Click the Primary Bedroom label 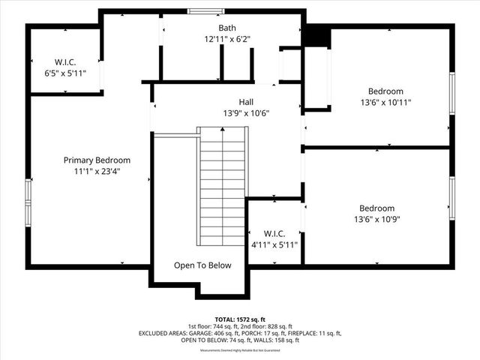97,160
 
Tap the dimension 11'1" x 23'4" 97,171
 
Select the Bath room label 226,28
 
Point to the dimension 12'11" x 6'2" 226,39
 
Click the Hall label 246,102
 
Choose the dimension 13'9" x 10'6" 246,113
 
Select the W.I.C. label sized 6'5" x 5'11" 65,61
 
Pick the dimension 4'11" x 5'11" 274,244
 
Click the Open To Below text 202,265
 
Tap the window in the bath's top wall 199,10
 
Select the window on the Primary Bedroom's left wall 28,202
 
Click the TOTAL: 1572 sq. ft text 240,319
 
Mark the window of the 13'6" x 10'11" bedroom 451,95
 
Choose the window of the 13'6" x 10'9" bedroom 451,199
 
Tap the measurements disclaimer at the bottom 240,350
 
